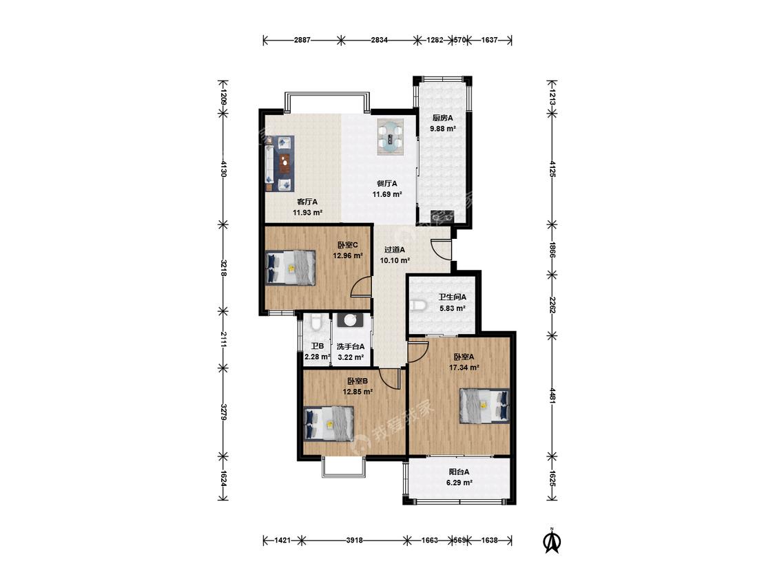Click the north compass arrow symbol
552,540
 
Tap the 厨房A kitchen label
442,118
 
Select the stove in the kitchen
442,216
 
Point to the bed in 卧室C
291,267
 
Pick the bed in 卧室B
329,423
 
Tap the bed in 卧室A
484,405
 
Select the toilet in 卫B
317,323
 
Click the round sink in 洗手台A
351,320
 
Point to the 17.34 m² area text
464,368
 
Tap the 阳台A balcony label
459,472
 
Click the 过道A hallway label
395,249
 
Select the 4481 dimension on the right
552,395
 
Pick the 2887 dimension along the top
302,40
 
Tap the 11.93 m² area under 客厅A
307,213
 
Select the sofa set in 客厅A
279,163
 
